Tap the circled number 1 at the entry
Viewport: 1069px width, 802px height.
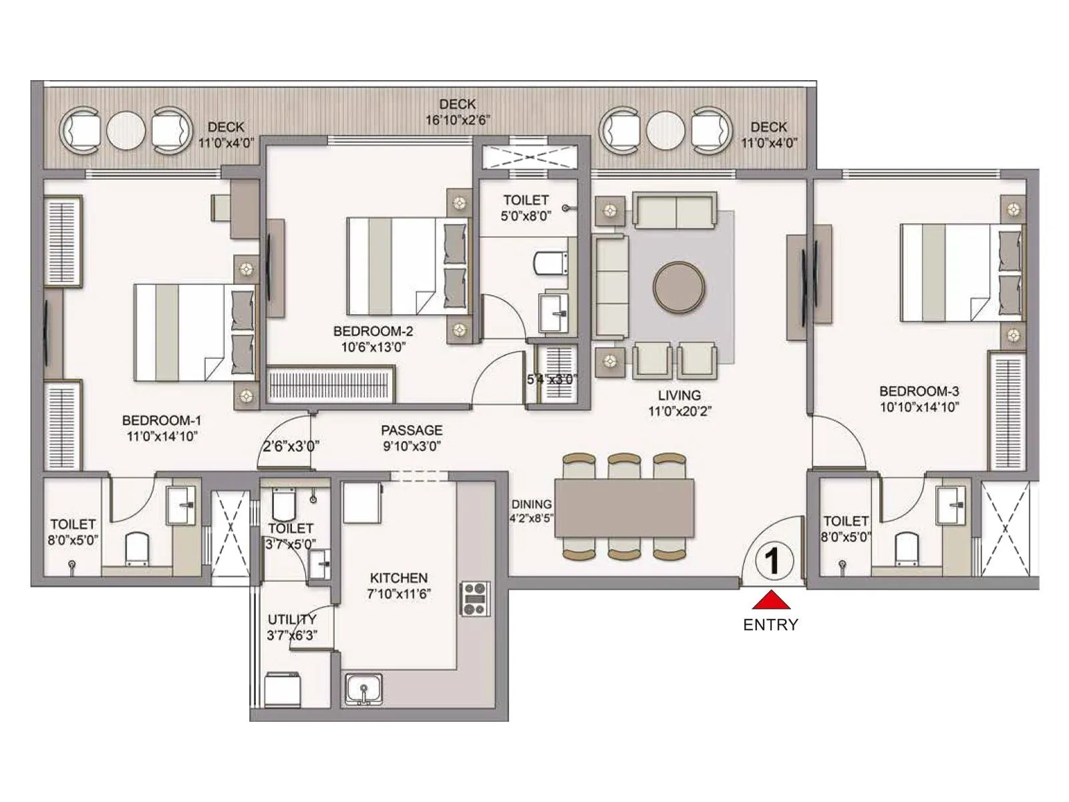pos(773,561)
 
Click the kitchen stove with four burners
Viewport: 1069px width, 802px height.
pos(475,599)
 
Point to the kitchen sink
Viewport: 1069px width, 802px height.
pos(364,690)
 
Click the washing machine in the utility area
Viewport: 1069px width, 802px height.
pos(283,690)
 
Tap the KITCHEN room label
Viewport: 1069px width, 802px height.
pos(399,577)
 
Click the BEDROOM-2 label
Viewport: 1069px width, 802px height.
pos(373,331)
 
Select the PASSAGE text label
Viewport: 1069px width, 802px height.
pos(412,430)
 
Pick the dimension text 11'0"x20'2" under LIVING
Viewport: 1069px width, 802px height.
pos(679,411)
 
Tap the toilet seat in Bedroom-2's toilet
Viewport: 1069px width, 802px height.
pos(551,263)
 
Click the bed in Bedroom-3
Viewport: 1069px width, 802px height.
pos(960,273)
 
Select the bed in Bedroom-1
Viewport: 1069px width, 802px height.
pos(194,333)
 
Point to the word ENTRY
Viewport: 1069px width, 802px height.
pos(770,625)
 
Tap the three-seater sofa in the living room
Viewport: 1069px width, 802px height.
pos(611,287)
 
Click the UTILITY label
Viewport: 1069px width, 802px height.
pos(292,619)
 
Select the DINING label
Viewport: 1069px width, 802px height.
pos(531,504)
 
